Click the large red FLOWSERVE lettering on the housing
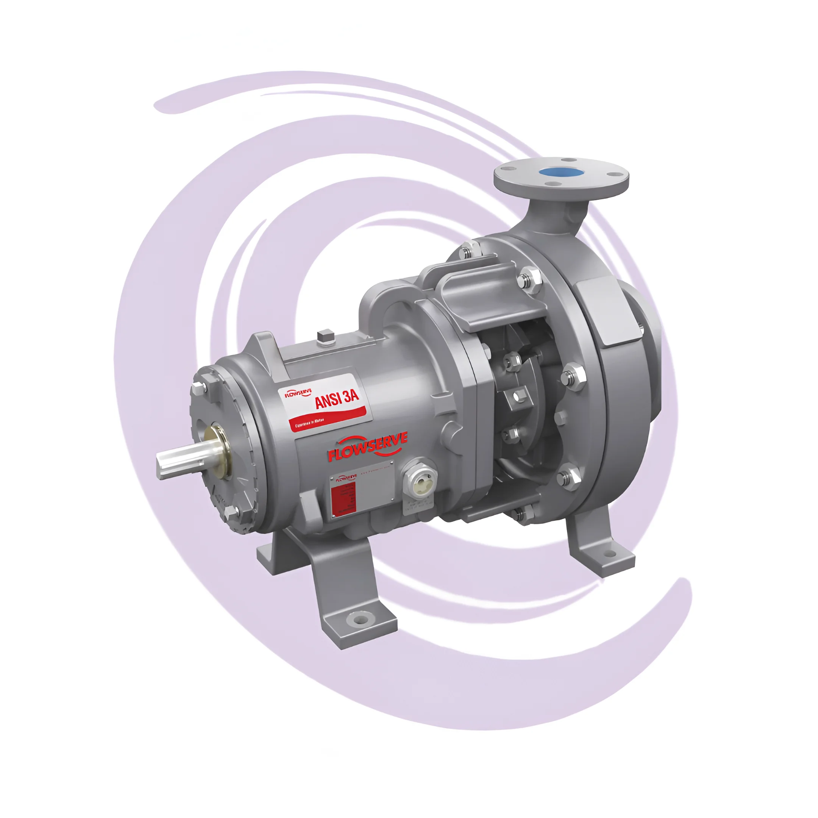(x=367, y=446)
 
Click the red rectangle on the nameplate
(x=343, y=500)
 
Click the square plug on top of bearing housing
(x=325, y=337)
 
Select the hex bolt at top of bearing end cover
(x=198, y=386)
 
